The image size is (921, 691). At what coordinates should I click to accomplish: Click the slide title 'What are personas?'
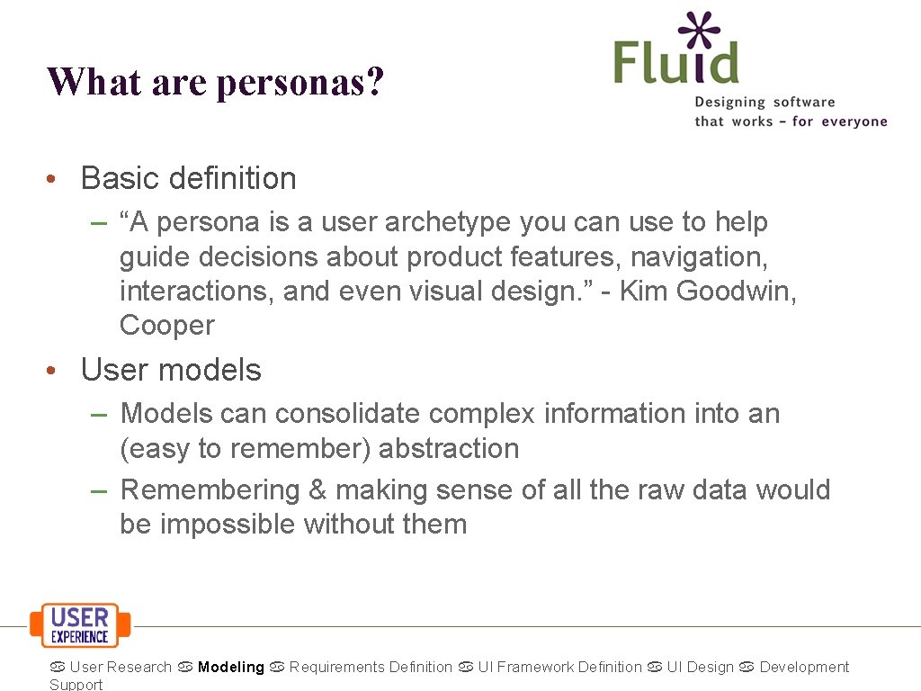[x=216, y=82]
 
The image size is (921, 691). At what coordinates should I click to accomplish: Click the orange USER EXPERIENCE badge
[x=80, y=624]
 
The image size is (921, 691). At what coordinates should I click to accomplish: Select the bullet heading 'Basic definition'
[x=188, y=178]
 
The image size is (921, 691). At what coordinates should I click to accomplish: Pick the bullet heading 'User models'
[x=171, y=370]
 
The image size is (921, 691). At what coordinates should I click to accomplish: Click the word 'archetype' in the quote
[x=421, y=221]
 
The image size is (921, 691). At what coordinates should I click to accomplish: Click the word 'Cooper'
[x=166, y=326]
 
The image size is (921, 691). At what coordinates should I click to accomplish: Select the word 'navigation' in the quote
[x=698, y=256]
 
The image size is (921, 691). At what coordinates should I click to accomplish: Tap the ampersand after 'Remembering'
[x=317, y=490]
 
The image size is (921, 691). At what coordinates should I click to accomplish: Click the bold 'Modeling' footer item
[x=231, y=668]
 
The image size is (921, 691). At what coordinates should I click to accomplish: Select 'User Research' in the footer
[x=121, y=668]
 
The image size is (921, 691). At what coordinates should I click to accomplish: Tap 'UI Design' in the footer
[x=700, y=668]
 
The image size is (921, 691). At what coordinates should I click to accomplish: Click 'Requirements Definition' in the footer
[x=371, y=668]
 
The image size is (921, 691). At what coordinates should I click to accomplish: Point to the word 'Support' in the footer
[x=76, y=685]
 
